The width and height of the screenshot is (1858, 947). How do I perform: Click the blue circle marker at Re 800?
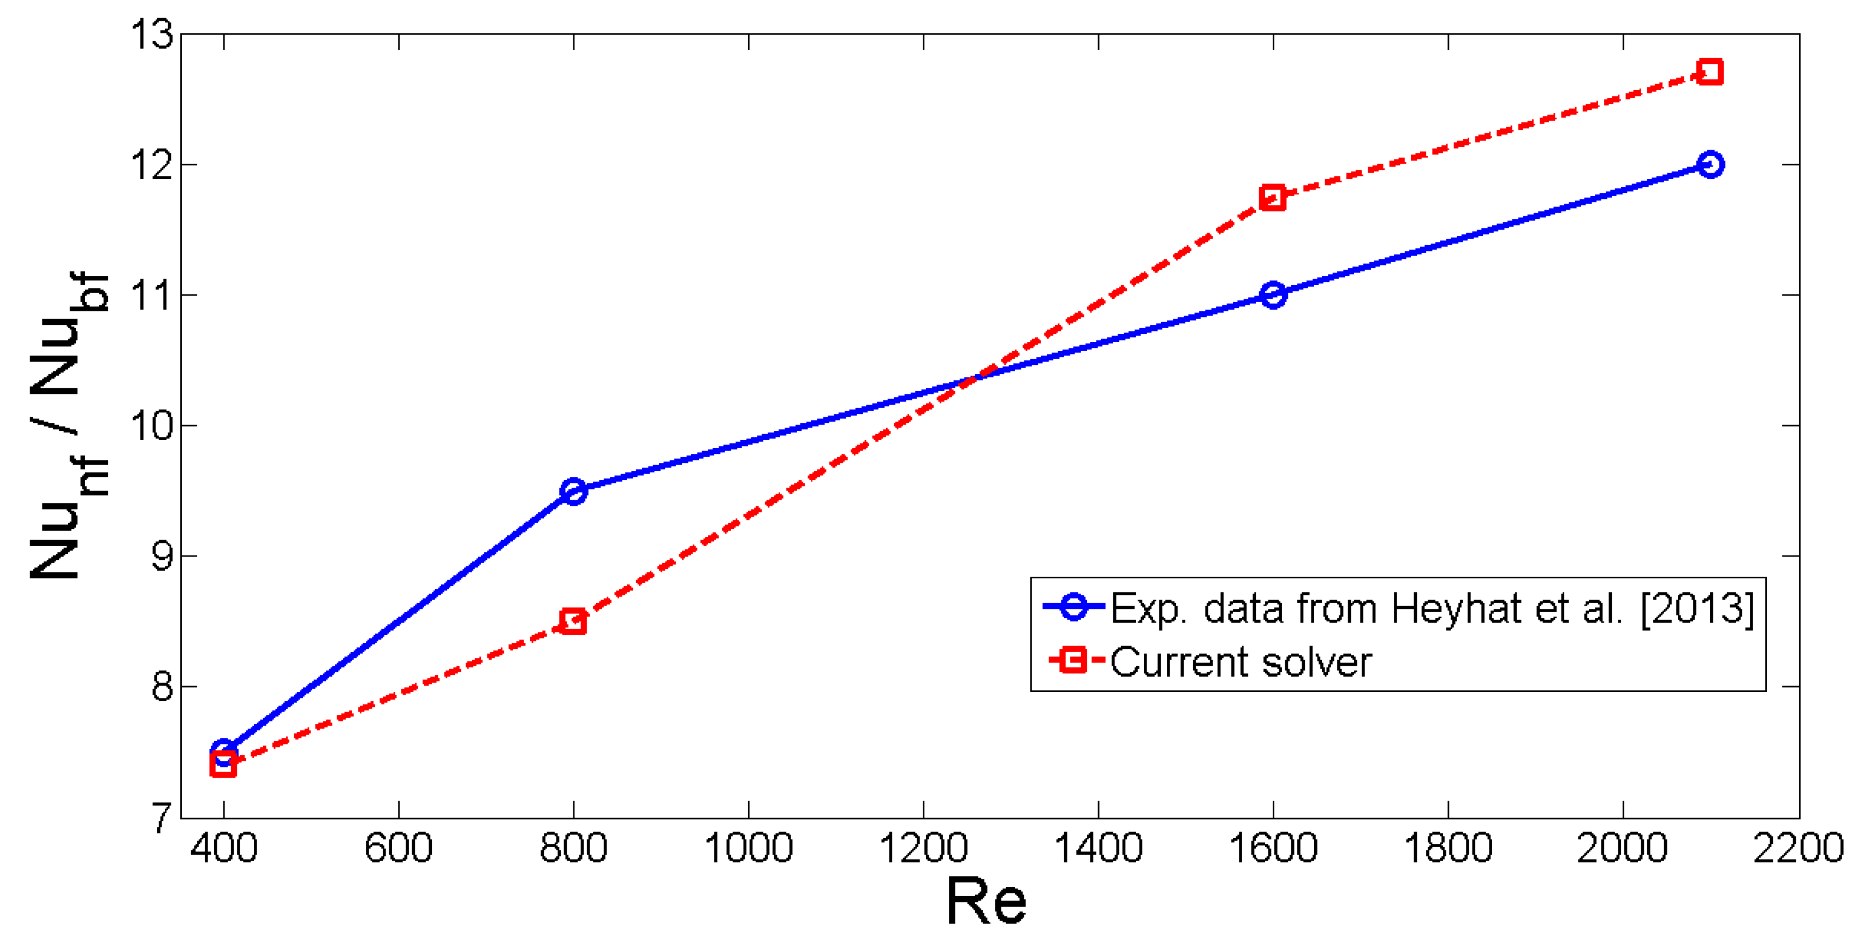[x=573, y=491]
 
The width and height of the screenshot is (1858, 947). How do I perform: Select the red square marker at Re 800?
[x=573, y=621]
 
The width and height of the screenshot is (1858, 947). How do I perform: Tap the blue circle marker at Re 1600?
[x=1273, y=295]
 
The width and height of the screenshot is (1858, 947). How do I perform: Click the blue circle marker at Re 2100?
[x=1710, y=164]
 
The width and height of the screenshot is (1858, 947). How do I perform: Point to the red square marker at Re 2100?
[x=1710, y=72]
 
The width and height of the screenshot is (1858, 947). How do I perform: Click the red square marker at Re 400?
[x=224, y=765]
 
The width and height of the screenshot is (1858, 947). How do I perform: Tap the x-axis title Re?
[x=986, y=902]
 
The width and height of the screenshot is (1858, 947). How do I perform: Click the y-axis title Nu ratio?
[x=68, y=425]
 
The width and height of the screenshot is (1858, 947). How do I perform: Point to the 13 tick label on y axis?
[x=151, y=34]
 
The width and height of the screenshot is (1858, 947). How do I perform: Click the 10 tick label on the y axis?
[x=151, y=425]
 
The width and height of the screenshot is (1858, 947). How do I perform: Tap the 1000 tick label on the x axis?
[x=749, y=848]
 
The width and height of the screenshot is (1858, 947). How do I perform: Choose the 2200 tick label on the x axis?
[x=1797, y=848]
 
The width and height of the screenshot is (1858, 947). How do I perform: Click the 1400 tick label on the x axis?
[x=1099, y=848]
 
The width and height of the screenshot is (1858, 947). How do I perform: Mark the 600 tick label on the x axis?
[x=398, y=848]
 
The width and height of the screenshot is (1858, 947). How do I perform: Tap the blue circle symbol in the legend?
[x=1074, y=607]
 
